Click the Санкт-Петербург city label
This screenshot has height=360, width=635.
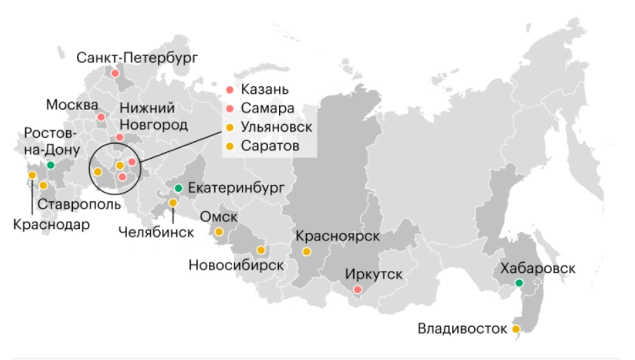pos(137,57)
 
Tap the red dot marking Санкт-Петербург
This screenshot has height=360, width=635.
pos(116,73)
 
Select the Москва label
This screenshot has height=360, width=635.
pos(72,105)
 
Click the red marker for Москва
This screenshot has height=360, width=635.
pos(101,117)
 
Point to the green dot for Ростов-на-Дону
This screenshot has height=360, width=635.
pos(51,165)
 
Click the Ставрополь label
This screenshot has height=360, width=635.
pos(79,203)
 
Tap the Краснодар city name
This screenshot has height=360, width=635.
pos(51,225)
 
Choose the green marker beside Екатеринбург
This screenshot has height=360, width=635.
pos(178,188)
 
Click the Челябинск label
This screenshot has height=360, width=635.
pos(155,232)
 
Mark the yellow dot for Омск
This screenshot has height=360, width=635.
pos(219,232)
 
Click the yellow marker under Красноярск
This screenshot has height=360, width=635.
pos(306,252)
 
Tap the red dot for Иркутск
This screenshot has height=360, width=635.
pos(358,290)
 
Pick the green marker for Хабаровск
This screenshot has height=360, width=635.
pos(519,282)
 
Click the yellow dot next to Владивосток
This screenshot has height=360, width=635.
pos(516,329)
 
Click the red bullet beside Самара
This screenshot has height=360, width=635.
pos(229,108)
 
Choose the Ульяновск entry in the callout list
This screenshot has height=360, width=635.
pos(276,127)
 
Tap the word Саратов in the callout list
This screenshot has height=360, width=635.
pos(270,145)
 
